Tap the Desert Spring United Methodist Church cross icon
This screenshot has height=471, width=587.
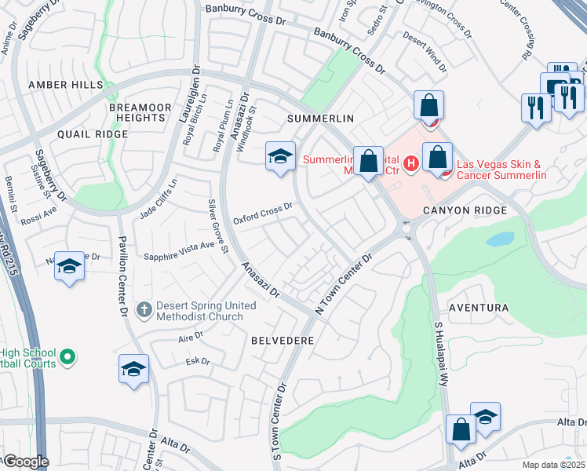point(143,310)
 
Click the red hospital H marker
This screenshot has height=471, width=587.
point(412,163)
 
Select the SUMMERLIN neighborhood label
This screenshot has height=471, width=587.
point(321,118)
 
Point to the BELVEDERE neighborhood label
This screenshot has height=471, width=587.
point(283,341)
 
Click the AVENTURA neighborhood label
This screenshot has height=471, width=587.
point(478,308)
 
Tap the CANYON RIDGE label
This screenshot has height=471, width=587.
point(465,210)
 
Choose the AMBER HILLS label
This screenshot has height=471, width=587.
point(65,84)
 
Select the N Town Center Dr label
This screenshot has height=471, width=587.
point(343,284)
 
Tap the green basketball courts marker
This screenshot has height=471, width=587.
point(67,357)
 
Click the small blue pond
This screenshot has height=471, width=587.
point(500,239)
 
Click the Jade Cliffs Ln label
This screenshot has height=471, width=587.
point(159,197)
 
